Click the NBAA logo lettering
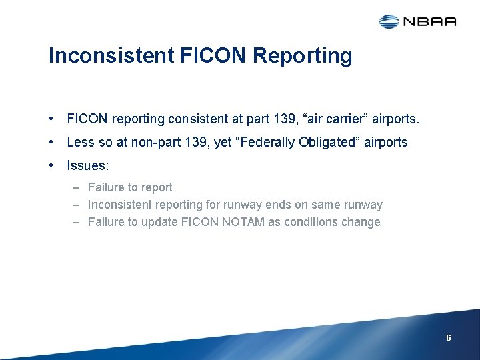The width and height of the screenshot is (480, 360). pos(429,21)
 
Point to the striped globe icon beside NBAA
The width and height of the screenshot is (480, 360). pos(389,21)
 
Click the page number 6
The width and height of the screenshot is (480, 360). pos(449,338)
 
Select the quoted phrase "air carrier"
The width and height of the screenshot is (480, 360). pos(325,119)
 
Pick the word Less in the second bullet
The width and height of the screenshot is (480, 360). pos(79,142)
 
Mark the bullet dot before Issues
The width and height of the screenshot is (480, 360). pos(51,165)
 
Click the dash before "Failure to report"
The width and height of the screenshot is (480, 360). pos(77,187)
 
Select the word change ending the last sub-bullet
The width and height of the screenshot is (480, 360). pos(361,222)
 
